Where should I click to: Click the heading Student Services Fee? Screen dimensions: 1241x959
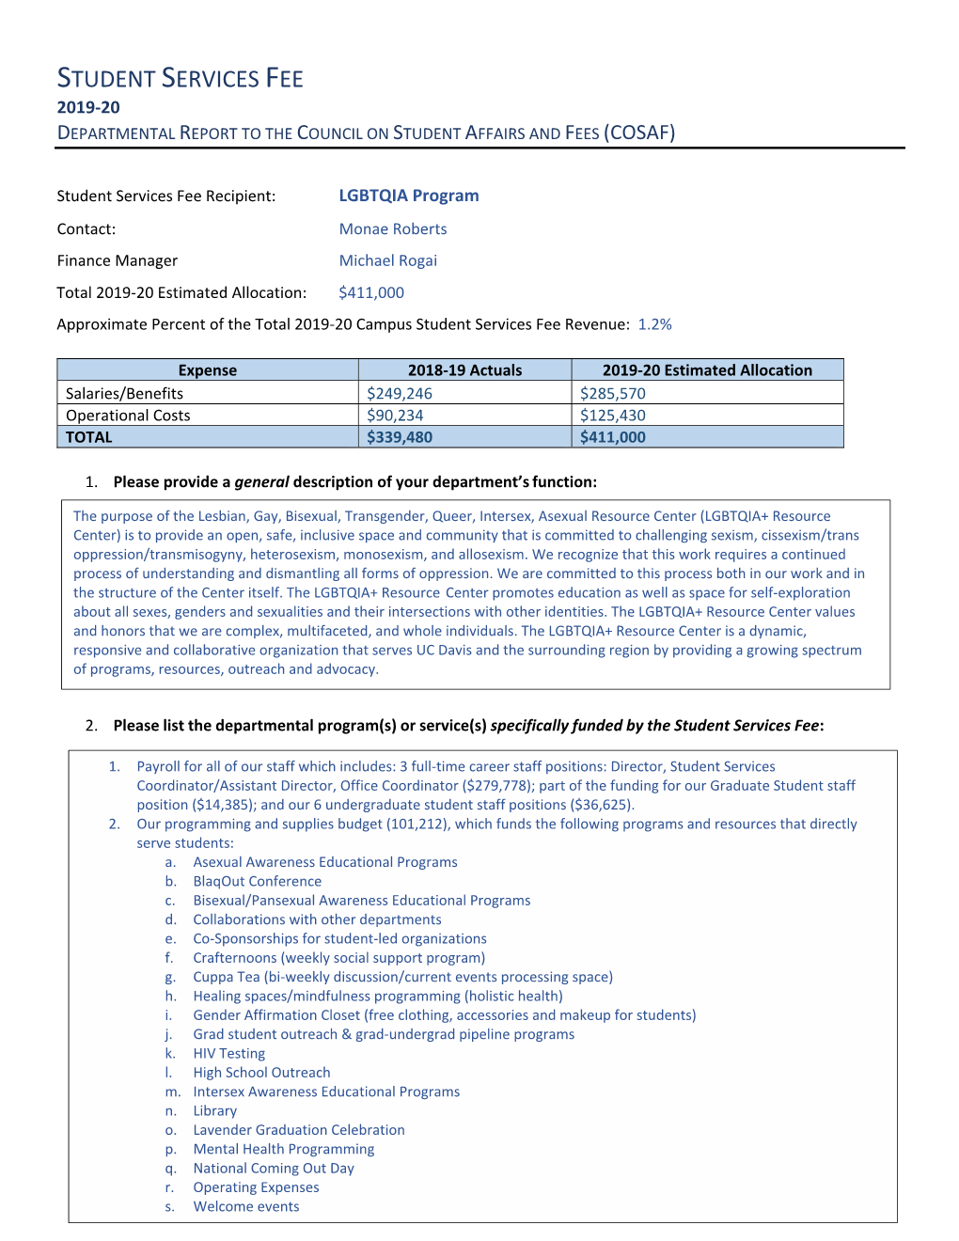tap(181, 78)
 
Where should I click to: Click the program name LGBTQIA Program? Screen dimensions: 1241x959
tap(409, 196)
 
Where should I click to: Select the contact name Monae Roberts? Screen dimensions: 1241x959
tap(393, 228)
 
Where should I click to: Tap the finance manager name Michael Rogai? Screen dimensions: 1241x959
tap(388, 260)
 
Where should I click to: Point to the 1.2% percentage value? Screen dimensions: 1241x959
tap(655, 324)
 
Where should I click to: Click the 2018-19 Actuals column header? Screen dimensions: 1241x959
tap(464, 370)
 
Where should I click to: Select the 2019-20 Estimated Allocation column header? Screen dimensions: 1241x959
tap(707, 370)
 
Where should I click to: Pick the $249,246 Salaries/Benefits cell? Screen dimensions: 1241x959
tap(400, 393)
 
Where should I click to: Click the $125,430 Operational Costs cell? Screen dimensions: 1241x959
tap(613, 416)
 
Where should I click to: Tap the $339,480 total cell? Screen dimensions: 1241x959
tap(400, 437)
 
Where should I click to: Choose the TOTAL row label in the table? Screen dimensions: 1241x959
tap(89, 437)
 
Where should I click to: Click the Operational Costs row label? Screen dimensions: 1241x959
tap(128, 416)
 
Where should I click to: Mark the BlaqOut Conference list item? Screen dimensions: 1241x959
tap(258, 881)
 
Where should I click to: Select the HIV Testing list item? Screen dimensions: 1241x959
tap(229, 1053)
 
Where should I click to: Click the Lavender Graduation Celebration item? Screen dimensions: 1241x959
tap(299, 1130)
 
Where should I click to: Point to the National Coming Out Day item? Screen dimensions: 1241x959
tap(274, 1168)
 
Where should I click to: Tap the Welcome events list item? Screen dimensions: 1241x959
tap(246, 1206)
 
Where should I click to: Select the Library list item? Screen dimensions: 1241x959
tap(215, 1110)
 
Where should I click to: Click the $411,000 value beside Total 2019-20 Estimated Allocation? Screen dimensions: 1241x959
tap(371, 292)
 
